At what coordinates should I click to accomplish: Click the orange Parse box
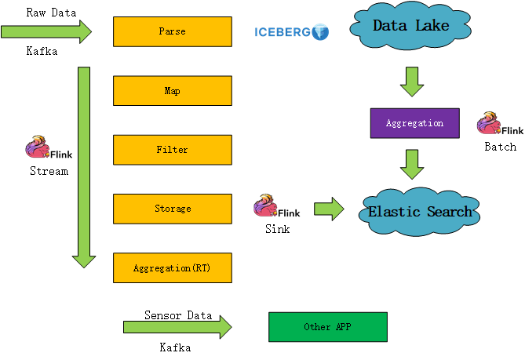pos(173,31)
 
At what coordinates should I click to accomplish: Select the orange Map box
pos(173,91)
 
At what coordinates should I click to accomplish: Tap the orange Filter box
pos(173,150)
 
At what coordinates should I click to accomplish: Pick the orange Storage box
pos(173,209)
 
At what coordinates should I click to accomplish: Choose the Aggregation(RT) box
pos(173,268)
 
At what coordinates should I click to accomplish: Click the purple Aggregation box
pos(414,123)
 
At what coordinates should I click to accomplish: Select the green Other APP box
pos(327,327)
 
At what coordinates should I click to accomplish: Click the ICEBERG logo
pos(291,32)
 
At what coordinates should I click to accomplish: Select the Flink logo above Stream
pos(49,149)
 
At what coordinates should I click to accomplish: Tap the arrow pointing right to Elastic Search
pos(329,209)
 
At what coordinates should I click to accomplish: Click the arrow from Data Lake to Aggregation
pos(412,80)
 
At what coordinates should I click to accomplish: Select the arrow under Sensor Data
pos(177,328)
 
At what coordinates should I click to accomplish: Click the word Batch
pos(500,147)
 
